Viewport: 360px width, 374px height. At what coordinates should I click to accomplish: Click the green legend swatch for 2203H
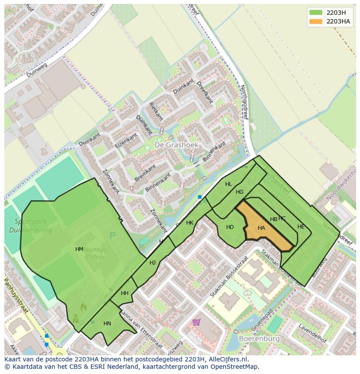click(x=316, y=12)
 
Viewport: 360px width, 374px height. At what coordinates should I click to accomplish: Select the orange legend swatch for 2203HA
click(x=316, y=21)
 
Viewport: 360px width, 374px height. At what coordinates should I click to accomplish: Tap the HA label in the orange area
click(x=261, y=228)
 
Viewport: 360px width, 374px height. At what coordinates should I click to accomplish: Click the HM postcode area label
click(x=79, y=249)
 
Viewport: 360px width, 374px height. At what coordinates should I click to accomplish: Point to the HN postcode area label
click(x=107, y=323)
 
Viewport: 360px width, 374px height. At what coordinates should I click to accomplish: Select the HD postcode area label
click(x=230, y=227)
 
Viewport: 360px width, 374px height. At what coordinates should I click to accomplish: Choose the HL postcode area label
click(x=229, y=184)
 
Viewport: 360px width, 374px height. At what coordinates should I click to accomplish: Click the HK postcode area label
click(x=190, y=223)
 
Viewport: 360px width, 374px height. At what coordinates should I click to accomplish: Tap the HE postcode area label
click(x=301, y=226)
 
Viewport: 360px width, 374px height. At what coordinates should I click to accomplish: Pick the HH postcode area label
click(x=125, y=293)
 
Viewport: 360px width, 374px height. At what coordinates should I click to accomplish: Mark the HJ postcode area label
click(x=153, y=262)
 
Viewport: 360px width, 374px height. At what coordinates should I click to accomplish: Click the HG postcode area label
click(x=240, y=192)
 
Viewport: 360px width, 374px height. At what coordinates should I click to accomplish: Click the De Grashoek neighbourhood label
click(x=177, y=144)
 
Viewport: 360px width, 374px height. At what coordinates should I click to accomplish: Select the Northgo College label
click(x=95, y=253)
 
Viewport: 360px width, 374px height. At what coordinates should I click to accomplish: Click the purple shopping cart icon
click(x=197, y=322)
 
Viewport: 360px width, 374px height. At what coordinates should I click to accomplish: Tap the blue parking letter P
click(x=113, y=236)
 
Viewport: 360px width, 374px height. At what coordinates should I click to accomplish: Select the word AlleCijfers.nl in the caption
click(x=227, y=360)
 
